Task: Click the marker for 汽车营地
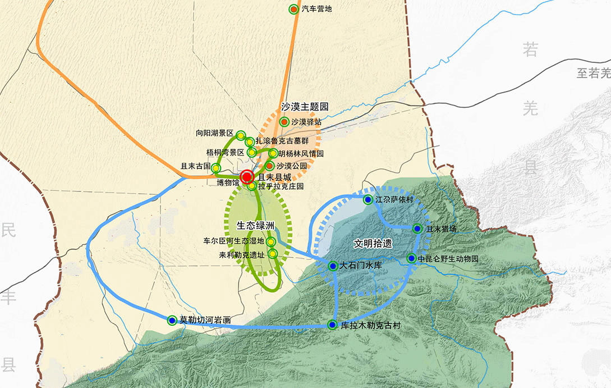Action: click(x=293, y=10)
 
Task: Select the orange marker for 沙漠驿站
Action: click(x=284, y=121)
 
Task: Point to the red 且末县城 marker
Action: click(x=247, y=177)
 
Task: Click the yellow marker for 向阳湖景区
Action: click(x=241, y=135)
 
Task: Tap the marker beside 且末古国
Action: click(x=216, y=167)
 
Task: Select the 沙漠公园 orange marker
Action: click(x=269, y=166)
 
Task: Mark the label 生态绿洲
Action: click(x=256, y=225)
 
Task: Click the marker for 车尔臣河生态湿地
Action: click(x=270, y=242)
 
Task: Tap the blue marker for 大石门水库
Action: click(x=333, y=266)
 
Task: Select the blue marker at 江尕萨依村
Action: click(x=367, y=200)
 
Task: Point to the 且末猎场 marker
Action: click(x=417, y=229)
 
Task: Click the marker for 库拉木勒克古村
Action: click(x=332, y=325)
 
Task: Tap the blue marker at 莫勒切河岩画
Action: click(x=172, y=320)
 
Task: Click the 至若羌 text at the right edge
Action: click(x=593, y=73)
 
